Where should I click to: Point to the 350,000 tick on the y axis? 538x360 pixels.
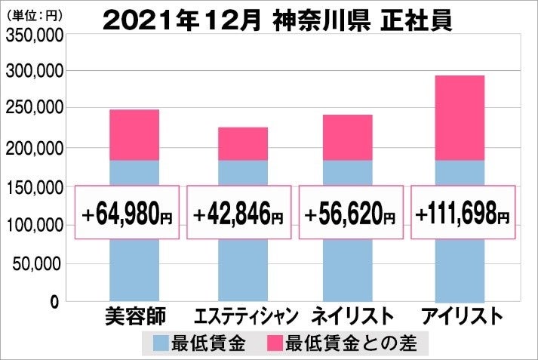pyautogui.click(x=33, y=32)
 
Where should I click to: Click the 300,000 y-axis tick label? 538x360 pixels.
pyautogui.click(x=33, y=71)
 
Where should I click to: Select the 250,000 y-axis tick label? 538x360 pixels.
pyautogui.click(x=33, y=109)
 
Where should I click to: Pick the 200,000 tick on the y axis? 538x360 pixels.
pyautogui.click(x=33, y=148)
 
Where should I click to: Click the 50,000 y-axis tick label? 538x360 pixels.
pyautogui.click(x=37, y=263)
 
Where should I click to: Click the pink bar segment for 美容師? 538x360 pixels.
pyautogui.click(x=134, y=135)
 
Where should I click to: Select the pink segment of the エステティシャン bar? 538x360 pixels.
pyautogui.click(x=243, y=143)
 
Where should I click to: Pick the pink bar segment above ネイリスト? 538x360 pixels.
pyautogui.click(x=348, y=137)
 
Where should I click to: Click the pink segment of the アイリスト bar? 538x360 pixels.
pyautogui.click(x=460, y=118)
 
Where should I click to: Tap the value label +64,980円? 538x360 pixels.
pyautogui.click(x=128, y=214)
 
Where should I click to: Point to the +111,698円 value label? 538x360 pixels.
pyautogui.click(x=463, y=214)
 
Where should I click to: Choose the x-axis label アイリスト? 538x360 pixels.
pyautogui.click(x=461, y=317)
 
